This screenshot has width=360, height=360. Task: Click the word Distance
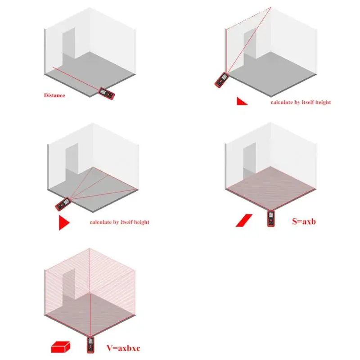[x=54, y=95]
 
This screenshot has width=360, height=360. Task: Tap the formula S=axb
[x=304, y=221]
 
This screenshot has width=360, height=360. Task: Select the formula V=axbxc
[x=123, y=348]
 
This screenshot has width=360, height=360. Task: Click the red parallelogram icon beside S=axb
[x=244, y=220]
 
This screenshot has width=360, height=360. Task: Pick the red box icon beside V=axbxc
[x=60, y=346]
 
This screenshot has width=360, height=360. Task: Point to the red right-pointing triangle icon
[x=64, y=222]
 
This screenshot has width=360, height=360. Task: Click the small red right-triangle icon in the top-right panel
[x=242, y=101]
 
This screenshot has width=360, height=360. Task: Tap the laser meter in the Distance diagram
[x=107, y=94]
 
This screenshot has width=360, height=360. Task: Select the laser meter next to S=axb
[x=271, y=219]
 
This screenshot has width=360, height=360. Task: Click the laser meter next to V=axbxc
[x=90, y=345]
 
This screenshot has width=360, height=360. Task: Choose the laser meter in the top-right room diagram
[x=221, y=80]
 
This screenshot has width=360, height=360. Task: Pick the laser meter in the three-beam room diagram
[x=63, y=204]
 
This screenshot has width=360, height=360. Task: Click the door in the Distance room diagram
[x=69, y=43]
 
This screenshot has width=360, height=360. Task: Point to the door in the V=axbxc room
[x=69, y=284]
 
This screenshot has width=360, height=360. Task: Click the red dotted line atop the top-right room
[x=248, y=18]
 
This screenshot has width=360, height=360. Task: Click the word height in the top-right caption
[x=323, y=102]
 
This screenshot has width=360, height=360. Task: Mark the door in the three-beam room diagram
[x=72, y=159]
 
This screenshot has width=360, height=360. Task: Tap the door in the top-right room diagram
[x=250, y=43]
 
